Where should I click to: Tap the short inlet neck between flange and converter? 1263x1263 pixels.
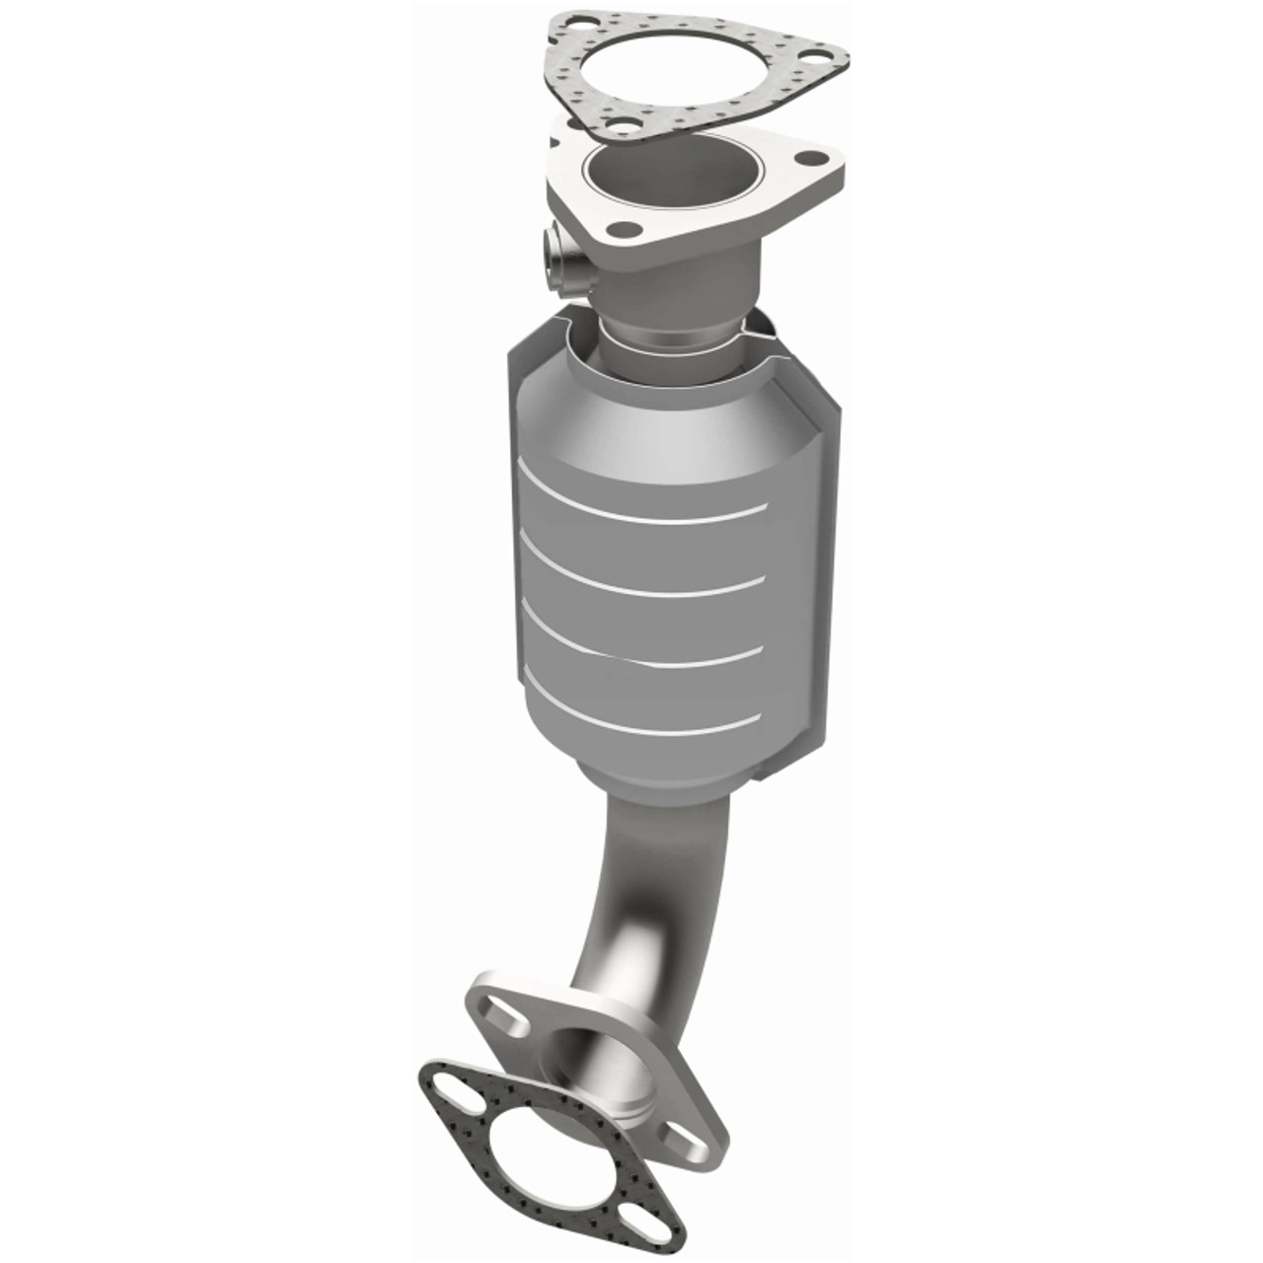[x=681, y=296]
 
